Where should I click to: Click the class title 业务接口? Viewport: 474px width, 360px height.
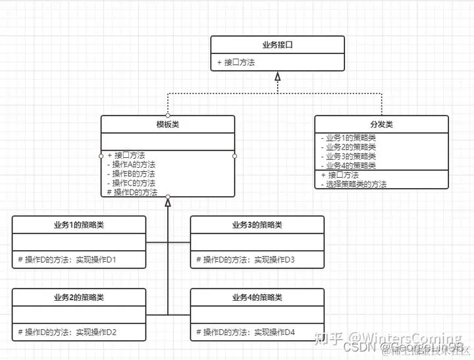click(277, 45)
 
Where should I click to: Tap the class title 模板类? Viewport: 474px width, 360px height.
click(167, 124)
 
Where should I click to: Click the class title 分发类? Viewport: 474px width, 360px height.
click(381, 124)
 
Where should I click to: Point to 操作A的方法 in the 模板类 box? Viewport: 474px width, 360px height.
click(134, 165)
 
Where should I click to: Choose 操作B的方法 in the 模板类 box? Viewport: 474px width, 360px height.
click(134, 174)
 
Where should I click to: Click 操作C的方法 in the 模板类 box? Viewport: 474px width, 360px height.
click(134, 183)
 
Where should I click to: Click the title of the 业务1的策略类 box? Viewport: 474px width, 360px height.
click(79, 224)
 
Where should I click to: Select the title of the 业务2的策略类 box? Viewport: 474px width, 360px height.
click(79, 297)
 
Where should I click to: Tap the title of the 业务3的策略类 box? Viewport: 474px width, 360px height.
click(257, 224)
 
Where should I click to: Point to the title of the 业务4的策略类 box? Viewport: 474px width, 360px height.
click(257, 297)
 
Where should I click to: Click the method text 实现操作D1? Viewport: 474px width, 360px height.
click(96, 259)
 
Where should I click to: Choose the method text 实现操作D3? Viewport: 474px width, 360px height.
click(275, 259)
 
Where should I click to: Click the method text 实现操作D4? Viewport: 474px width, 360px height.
click(275, 332)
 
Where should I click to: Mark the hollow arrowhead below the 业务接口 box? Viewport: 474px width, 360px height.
click(278, 77)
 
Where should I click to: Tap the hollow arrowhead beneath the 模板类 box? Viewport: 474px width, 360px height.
click(168, 203)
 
